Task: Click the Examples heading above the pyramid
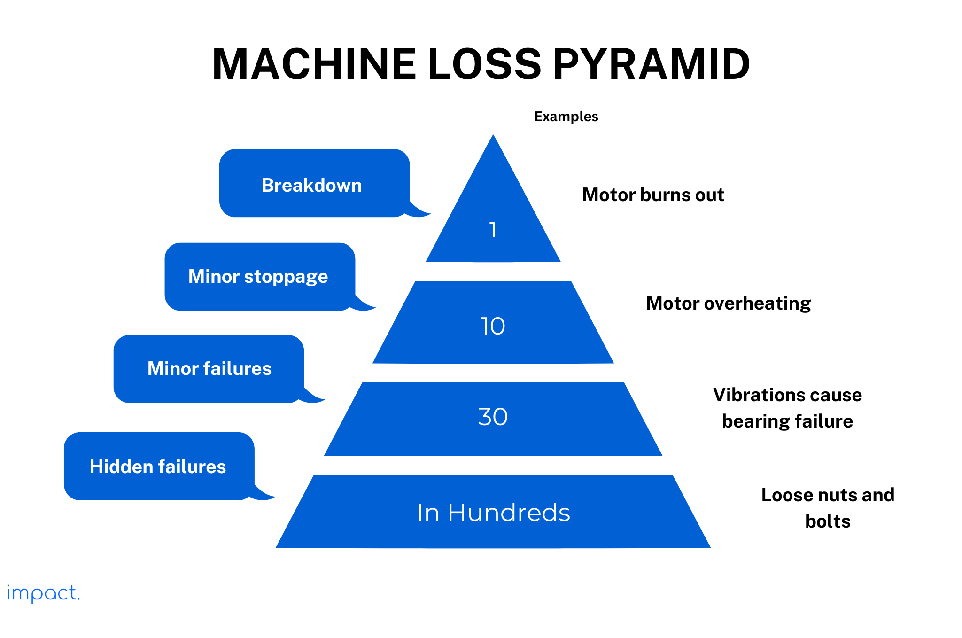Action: coord(566,117)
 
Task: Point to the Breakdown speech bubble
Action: coord(312,185)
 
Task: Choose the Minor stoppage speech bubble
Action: coord(258,276)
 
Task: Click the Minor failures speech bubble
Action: coord(209,368)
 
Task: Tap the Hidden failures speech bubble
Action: coord(158,467)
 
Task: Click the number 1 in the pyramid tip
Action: coord(493,230)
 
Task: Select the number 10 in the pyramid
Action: coord(493,326)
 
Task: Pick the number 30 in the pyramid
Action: coord(493,417)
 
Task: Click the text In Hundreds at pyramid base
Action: coord(493,513)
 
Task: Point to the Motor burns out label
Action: coord(653,195)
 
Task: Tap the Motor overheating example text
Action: coord(728,303)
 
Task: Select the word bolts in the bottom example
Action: coord(828,521)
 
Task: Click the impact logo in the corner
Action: coord(43,593)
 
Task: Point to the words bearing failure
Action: coord(787,421)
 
